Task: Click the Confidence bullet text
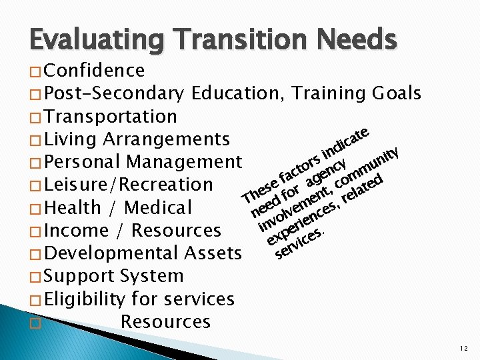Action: [x=96, y=71]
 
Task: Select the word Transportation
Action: [x=112, y=117]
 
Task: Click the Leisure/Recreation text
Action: [x=130, y=185]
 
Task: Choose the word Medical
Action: [x=159, y=208]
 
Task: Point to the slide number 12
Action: [x=463, y=348]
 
